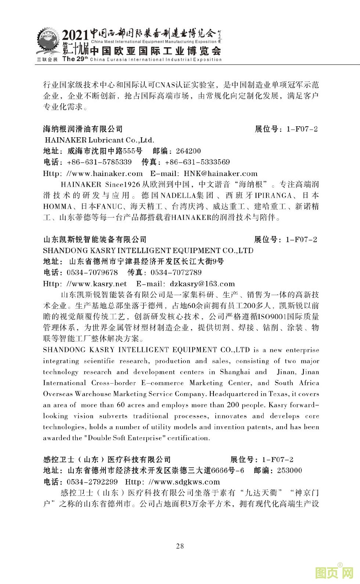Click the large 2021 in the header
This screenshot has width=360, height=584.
(75, 35)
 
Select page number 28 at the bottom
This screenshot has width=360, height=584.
(180, 546)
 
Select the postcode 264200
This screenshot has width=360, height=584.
(188, 151)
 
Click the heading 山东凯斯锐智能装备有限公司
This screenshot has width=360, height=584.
(95, 240)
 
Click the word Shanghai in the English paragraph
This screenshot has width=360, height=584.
(234, 372)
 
